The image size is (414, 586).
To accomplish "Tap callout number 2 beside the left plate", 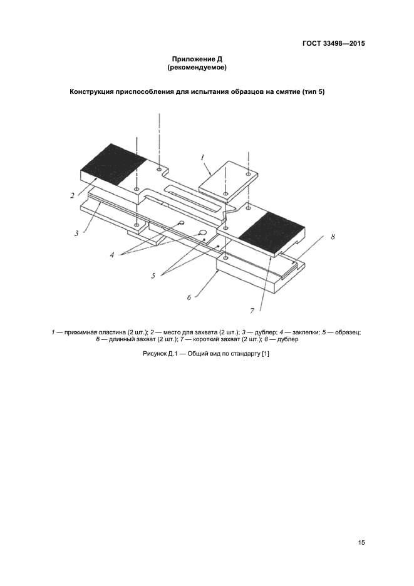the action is (x=72, y=195).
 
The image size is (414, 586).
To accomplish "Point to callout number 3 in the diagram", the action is (x=76, y=234).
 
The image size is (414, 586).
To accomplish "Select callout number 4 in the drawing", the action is (x=112, y=255).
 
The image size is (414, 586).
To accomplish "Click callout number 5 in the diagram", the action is (x=153, y=276).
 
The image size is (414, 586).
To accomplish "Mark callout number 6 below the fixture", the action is (x=189, y=297).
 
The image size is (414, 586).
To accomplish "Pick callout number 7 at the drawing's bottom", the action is (x=252, y=311).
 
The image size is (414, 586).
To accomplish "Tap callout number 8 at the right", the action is (x=333, y=237).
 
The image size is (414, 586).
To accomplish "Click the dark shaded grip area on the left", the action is (x=113, y=163).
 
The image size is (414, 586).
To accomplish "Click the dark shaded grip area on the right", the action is (x=272, y=233).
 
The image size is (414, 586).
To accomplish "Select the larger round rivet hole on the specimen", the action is (x=203, y=232).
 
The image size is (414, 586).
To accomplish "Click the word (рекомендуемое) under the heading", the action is (x=197, y=68).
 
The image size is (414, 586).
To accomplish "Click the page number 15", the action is (x=361, y=543).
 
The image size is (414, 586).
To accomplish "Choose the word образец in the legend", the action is (x=348, y=332).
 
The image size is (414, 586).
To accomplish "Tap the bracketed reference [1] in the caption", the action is (x=266, y=354).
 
